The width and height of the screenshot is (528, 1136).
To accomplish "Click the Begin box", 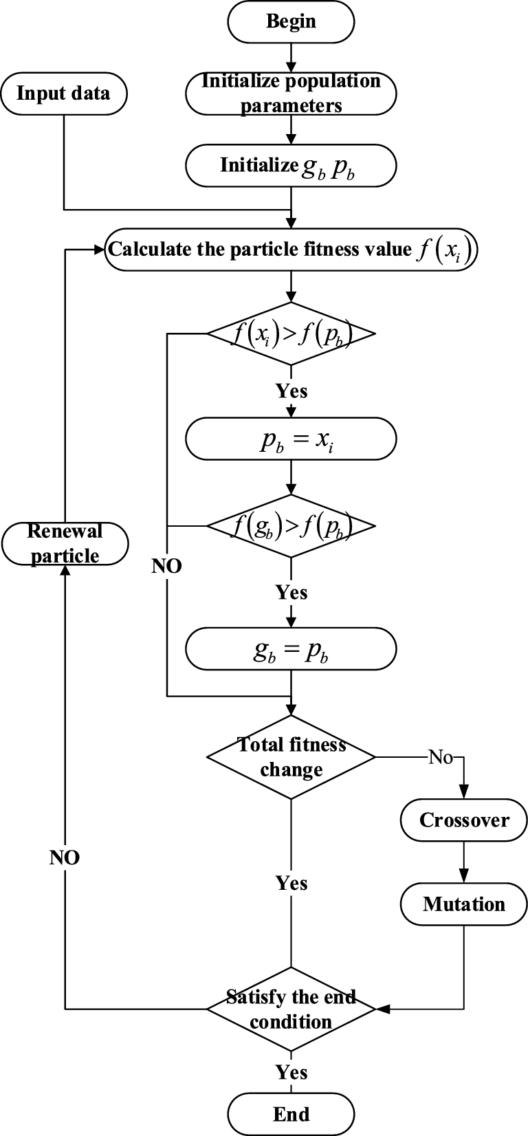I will [291, 21].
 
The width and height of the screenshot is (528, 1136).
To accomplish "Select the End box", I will [291, 1113].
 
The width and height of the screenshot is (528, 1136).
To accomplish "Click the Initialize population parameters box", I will [291, 93].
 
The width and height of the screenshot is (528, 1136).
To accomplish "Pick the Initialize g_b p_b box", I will [291, 166].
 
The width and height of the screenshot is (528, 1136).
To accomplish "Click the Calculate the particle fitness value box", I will [291, 249].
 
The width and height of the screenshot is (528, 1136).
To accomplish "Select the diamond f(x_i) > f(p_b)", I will [291, 335].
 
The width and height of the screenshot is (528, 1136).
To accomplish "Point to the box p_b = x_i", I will [291, 439].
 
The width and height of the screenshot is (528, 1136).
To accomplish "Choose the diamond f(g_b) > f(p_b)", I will [291, 527].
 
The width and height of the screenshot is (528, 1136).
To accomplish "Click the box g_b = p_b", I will [291, 649].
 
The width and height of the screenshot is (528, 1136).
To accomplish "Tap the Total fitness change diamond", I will [291, 757].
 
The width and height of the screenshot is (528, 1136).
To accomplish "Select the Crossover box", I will [464, 820].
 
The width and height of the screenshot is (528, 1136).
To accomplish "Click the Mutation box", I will [464, 904].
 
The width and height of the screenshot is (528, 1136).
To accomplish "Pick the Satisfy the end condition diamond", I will [291, 1009].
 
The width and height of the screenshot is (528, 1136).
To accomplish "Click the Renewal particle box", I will [65, 543].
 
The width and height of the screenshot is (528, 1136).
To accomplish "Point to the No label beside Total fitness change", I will [441, 757].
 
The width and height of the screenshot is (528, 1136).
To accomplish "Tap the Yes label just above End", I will [291, 1072].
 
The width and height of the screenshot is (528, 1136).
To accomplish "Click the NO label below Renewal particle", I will [65, 858].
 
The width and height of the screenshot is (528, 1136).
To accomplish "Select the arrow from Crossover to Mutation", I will [464, 862].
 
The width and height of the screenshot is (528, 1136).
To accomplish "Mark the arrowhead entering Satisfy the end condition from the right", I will [383, 1009].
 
